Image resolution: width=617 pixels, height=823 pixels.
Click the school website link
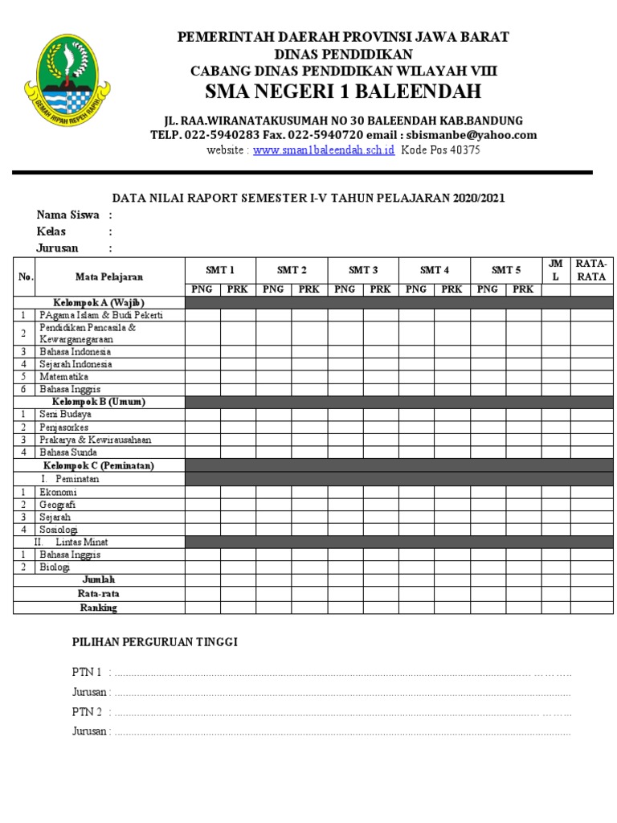click(323, 150)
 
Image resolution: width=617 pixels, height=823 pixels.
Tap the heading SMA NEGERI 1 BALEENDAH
click(343, 91)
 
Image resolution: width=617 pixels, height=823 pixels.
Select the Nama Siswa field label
click(67, 215)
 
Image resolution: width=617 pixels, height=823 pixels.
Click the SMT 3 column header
click(363, 270)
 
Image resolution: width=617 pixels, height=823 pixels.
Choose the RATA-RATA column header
click(591, 270)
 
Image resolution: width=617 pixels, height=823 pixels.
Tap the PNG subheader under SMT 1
click(202, 289)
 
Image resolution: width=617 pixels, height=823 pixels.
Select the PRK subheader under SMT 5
click(523, 289)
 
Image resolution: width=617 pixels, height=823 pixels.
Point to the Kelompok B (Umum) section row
click(99, 401)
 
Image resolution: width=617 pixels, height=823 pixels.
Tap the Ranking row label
click(98, 608)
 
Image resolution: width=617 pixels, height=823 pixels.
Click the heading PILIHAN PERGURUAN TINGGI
click(155, 641)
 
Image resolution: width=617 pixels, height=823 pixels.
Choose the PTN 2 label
click(87, 712)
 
